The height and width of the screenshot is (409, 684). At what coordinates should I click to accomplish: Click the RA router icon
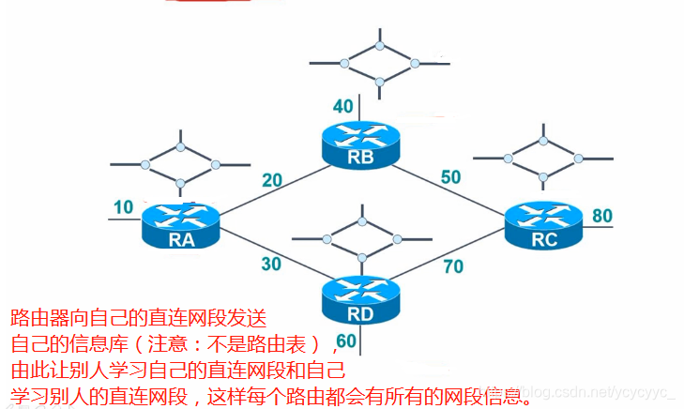(181, 226)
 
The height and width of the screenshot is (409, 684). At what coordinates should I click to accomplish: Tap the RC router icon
(544, 226)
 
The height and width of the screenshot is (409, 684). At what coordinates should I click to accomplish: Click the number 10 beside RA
(124, 207)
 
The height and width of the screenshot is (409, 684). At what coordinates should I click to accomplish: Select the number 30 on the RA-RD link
(271, 265)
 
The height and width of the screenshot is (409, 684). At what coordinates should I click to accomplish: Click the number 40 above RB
(343, 107)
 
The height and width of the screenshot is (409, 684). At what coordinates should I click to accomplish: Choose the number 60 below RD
(345, 340)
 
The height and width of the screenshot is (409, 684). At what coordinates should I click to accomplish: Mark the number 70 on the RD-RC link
(453, 266)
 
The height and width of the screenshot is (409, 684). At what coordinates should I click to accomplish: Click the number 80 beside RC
(601, 215)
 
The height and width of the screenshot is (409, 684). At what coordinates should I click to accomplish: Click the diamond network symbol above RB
(379, 63)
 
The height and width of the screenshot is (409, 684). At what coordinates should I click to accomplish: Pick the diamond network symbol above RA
(179, 165)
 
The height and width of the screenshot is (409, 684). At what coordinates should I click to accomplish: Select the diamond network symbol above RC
(542, 157)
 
